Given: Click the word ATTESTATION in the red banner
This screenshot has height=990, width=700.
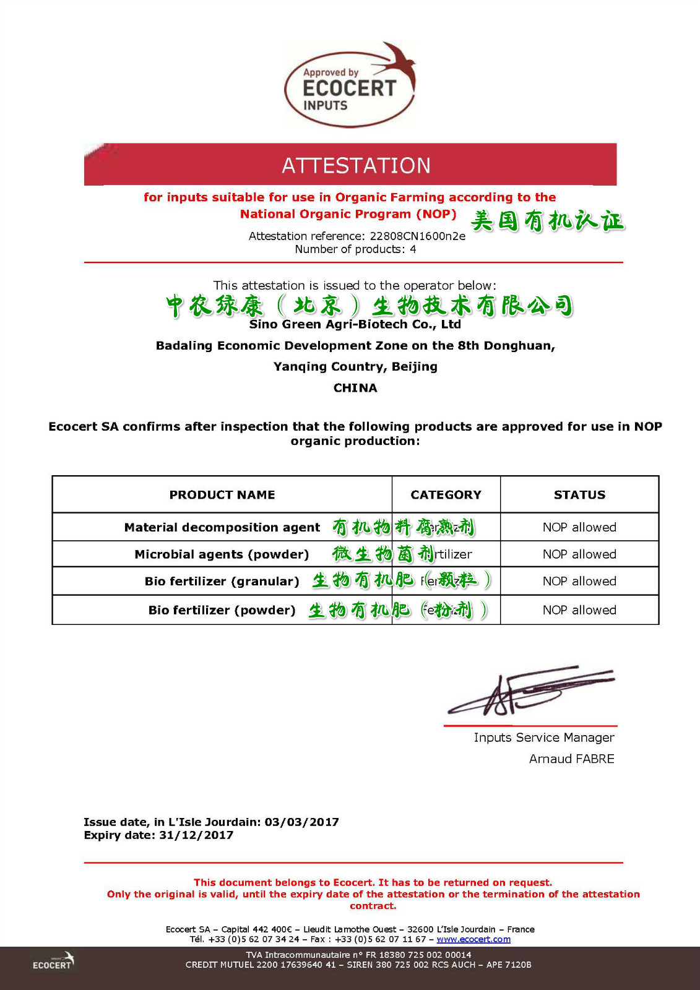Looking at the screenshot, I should coord(356,165).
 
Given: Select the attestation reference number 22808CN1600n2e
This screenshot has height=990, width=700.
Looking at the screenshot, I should coord(417,236).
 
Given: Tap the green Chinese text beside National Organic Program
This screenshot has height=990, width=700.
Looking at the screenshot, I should coord(547,220).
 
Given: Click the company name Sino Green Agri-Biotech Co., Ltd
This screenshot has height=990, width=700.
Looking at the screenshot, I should coord(355,324).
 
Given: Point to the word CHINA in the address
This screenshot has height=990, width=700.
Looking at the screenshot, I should coord(355,388).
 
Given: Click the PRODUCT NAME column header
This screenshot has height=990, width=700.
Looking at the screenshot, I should coord(222,494).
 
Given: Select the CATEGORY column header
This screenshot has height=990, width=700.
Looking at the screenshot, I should coord(446,494).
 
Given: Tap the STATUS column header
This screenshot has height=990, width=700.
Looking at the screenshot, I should coord(579,494).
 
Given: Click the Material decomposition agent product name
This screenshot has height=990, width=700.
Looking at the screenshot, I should coord(222,527).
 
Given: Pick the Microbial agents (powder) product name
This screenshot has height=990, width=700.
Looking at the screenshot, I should coord(222,554).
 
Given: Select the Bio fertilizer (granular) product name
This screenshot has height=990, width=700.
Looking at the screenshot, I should coord(222,581).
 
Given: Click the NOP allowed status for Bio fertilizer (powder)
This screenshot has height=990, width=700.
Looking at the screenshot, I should coord(579,610).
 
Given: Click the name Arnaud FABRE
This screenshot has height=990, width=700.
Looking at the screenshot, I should coord(571,759).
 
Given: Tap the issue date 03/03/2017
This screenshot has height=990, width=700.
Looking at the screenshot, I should coord(301,822).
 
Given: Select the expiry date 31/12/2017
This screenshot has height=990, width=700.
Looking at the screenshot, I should coord(196,835).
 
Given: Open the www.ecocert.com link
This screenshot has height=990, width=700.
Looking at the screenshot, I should coord(473,939).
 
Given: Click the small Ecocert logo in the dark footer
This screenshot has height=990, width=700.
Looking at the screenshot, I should coord(53,962).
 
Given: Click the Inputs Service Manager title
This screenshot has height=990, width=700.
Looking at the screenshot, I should coord(544,738).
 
